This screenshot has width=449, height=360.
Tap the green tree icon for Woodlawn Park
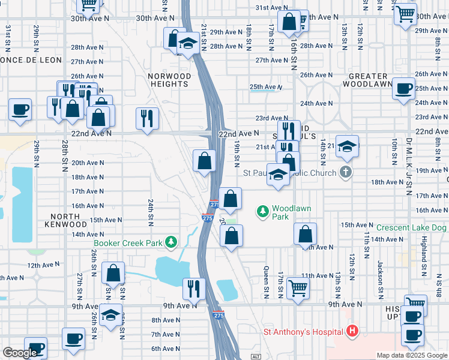[262, 211]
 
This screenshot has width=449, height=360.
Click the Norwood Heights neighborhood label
[170, 80]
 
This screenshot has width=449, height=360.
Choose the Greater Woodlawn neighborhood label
[368, 80]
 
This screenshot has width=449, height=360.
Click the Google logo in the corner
[20, 352]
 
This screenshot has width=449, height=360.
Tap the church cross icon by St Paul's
[345, 173]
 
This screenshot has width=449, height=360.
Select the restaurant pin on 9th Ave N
[193, 288]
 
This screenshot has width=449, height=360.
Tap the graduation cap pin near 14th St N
[346, 146]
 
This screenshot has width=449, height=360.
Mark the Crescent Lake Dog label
[412, 228]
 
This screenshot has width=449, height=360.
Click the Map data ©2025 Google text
[411, 355]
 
